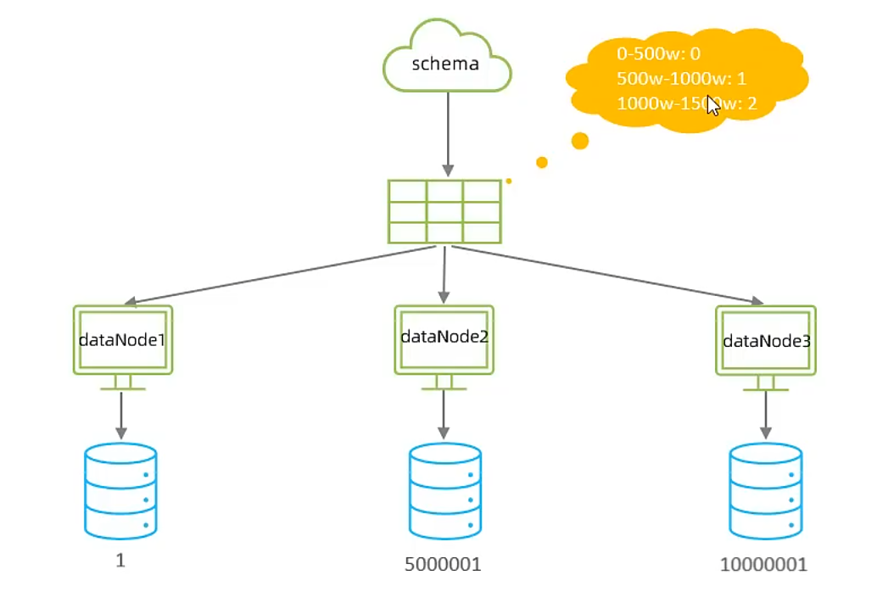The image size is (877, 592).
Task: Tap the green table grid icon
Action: (x=444, y=211)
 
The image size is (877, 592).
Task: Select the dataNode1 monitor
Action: (x=123, y=340)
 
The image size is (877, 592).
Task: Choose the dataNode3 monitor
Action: (x=766, y=341)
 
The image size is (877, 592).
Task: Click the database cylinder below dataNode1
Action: (x=121, y=491)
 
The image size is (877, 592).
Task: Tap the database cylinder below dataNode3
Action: (x=766, y=491)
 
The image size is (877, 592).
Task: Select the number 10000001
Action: (x=764, y=565)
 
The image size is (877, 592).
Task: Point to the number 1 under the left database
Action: (x=120, y=561)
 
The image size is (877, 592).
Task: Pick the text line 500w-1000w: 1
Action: (x=682, y=80)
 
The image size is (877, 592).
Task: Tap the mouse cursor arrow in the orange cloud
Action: (x=713, y=106)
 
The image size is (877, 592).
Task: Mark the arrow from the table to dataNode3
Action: (x=606, y=273)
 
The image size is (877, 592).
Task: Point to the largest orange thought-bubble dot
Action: (x=580, y=141)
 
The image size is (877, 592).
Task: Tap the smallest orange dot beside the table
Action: (x=509, y=181)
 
